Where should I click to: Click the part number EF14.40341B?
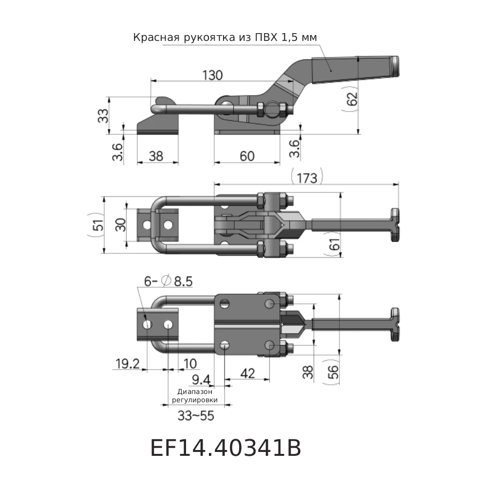pos(225,449)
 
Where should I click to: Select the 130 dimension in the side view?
pos(212,75)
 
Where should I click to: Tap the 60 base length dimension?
pos(247,156)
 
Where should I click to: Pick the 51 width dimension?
pos(98,225)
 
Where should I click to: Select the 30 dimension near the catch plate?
pos(121,225)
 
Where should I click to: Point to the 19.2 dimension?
pos(128,363)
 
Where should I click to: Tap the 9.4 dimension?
pos(201,379)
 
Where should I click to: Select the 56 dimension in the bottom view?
pos(333,373)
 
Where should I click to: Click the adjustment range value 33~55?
pos(196,416)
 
